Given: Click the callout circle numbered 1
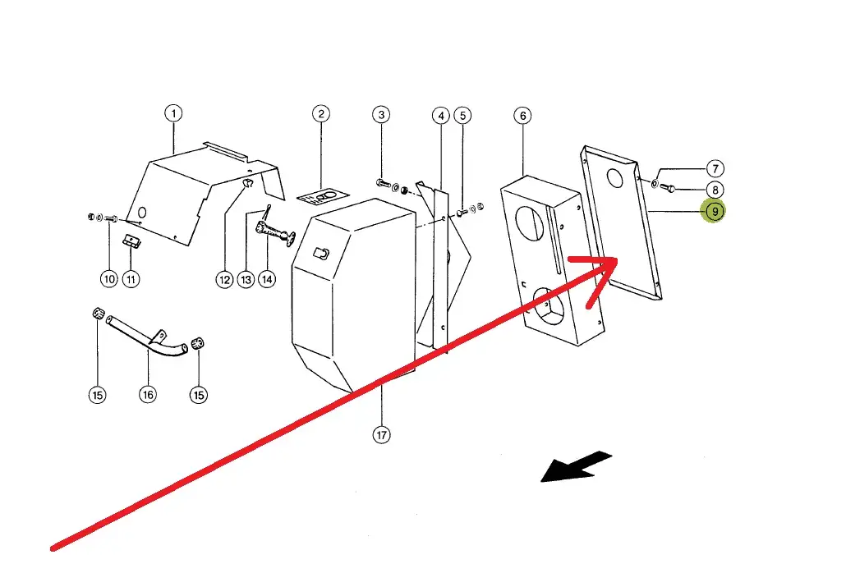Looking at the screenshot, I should click(173, 113).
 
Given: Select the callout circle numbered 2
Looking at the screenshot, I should click(321, 113).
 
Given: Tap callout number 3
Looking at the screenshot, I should click(380, 113).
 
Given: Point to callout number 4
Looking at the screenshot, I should click(441, 115).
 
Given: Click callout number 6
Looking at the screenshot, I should click(523, 115).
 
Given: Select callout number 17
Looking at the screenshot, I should click(381, 435).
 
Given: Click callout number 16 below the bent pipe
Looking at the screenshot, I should click(148, 395).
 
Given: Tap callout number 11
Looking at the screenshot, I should click(131, 279).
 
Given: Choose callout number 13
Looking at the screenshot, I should click(246, 279).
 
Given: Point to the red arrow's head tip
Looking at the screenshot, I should click(616, 260).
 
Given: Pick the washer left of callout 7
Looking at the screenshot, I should click(655, 183).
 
